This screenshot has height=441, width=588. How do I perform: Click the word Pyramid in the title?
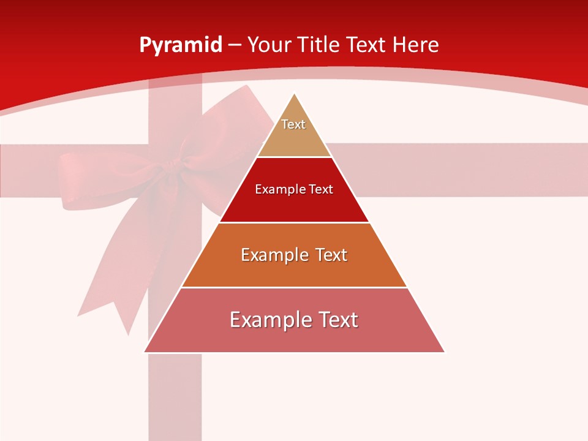pos(180,45)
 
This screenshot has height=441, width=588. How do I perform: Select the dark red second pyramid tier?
pos(294,205)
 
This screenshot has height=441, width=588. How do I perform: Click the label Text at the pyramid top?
pos(293,124)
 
